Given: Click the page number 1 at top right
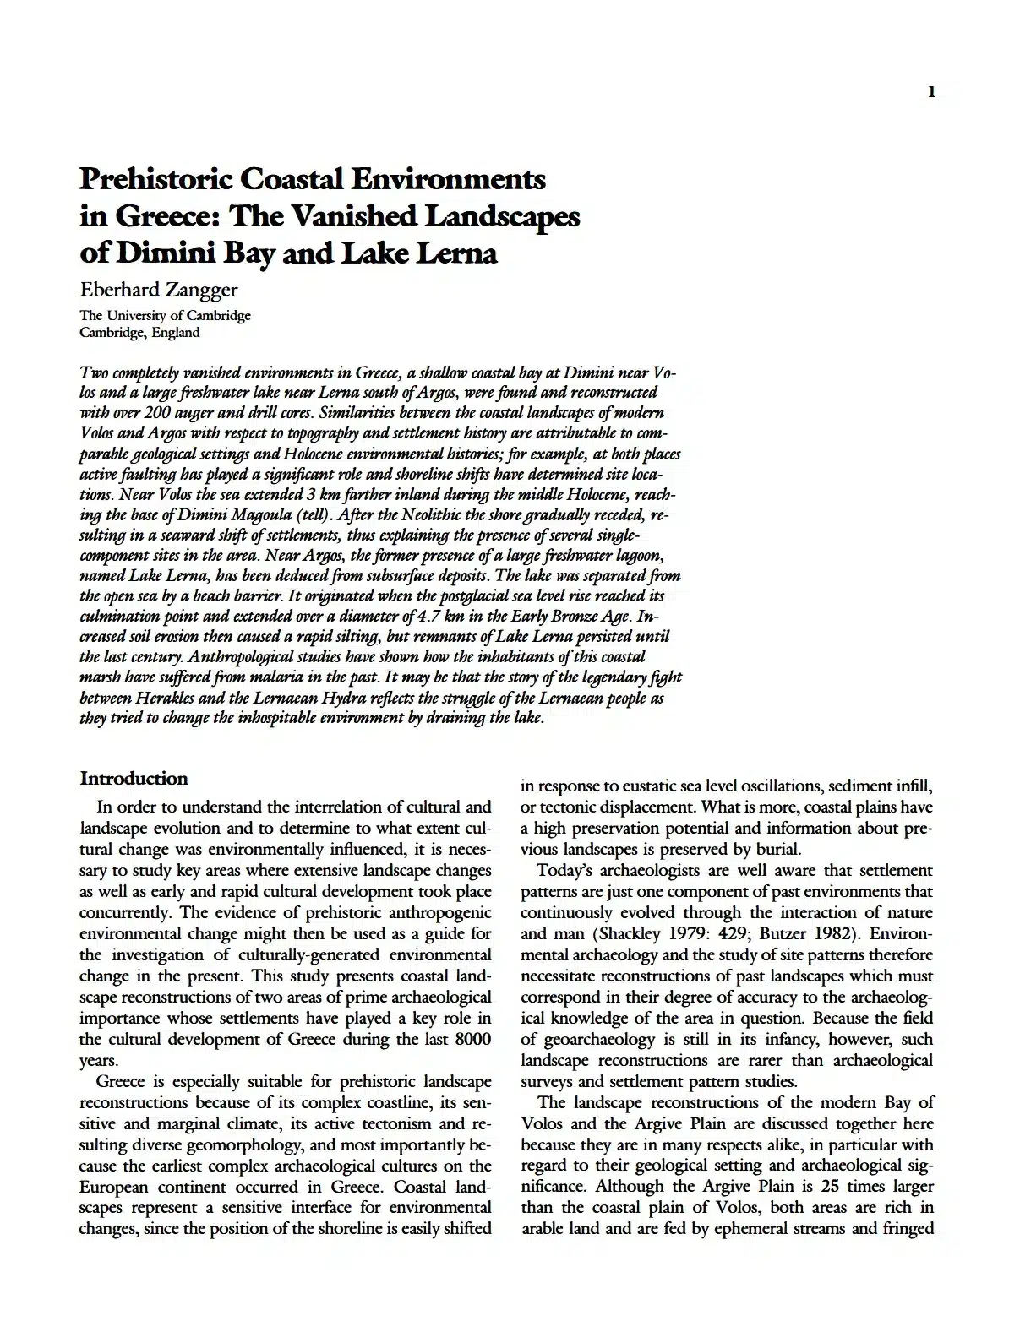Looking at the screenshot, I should [931, 92].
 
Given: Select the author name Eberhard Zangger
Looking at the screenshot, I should [158, 290].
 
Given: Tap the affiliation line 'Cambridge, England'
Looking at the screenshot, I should [139, 332].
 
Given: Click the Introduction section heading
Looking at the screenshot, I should [134, 778].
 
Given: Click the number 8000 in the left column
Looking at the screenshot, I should [472, 1039].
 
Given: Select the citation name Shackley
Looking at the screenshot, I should [630, 933].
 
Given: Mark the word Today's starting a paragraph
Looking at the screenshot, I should [565, 870].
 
